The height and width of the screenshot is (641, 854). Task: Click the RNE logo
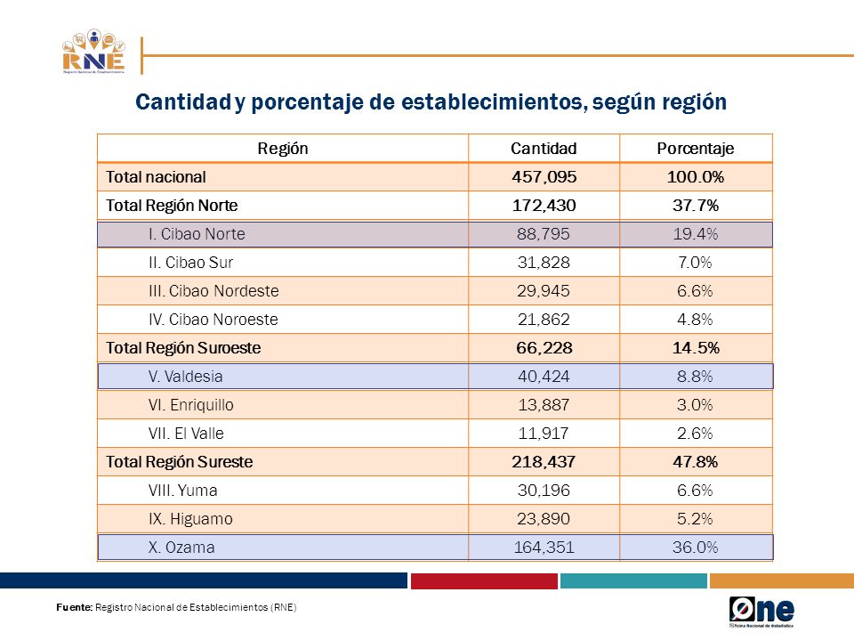[93, 52]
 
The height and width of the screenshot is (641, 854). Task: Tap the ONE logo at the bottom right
[761, 612]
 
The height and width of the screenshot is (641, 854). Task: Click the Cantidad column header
[544, 149]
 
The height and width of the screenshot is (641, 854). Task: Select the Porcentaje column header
[696, 149]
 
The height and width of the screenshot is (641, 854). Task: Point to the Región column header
[283, 149]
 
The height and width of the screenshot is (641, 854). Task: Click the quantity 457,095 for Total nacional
[544, 177]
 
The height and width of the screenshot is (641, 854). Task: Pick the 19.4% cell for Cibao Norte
[696, 234]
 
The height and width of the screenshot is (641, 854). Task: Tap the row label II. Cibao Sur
[190, 263]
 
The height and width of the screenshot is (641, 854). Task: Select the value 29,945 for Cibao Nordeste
[544, 291]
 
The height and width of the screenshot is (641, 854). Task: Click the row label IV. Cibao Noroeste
[213, 320]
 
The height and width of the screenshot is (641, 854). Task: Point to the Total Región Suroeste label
[183, 348]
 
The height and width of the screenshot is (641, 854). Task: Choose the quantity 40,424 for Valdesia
[544, 376]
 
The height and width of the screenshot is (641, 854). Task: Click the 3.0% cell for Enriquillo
[695, 405]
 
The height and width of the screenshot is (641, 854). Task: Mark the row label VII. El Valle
[186, 434]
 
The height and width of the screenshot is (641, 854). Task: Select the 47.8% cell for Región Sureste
[696, 462]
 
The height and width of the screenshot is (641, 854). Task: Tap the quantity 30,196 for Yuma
[544, 490]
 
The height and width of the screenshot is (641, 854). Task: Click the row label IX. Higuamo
[190, 519]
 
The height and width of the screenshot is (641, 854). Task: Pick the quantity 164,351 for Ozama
[544, 548]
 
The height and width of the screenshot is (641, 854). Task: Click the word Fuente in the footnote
[75, 607]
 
